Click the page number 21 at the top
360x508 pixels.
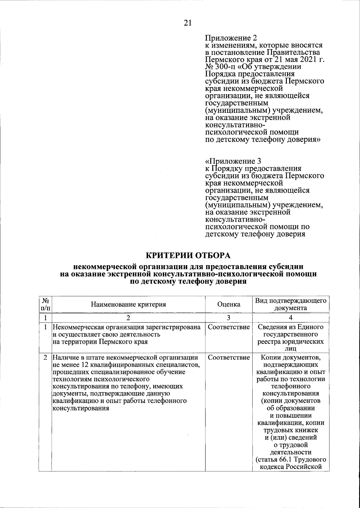(x=187, y=23)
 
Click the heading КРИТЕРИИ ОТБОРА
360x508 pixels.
(x=188, y=256)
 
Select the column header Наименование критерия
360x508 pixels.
(x=128, y=304)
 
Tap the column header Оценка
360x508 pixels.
(x=229, y=304)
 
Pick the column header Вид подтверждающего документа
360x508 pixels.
(x=290, y=304)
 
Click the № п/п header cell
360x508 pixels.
(x=46, y=304)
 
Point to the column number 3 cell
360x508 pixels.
(x=229, y=317)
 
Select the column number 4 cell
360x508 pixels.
(x=290, y=317)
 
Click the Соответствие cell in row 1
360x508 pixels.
(x=229, y=327)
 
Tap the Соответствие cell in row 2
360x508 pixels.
(x=229, y=358)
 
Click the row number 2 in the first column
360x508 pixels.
(x=46, y=358)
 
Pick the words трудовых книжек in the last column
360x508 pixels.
(x=290, y=430)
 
